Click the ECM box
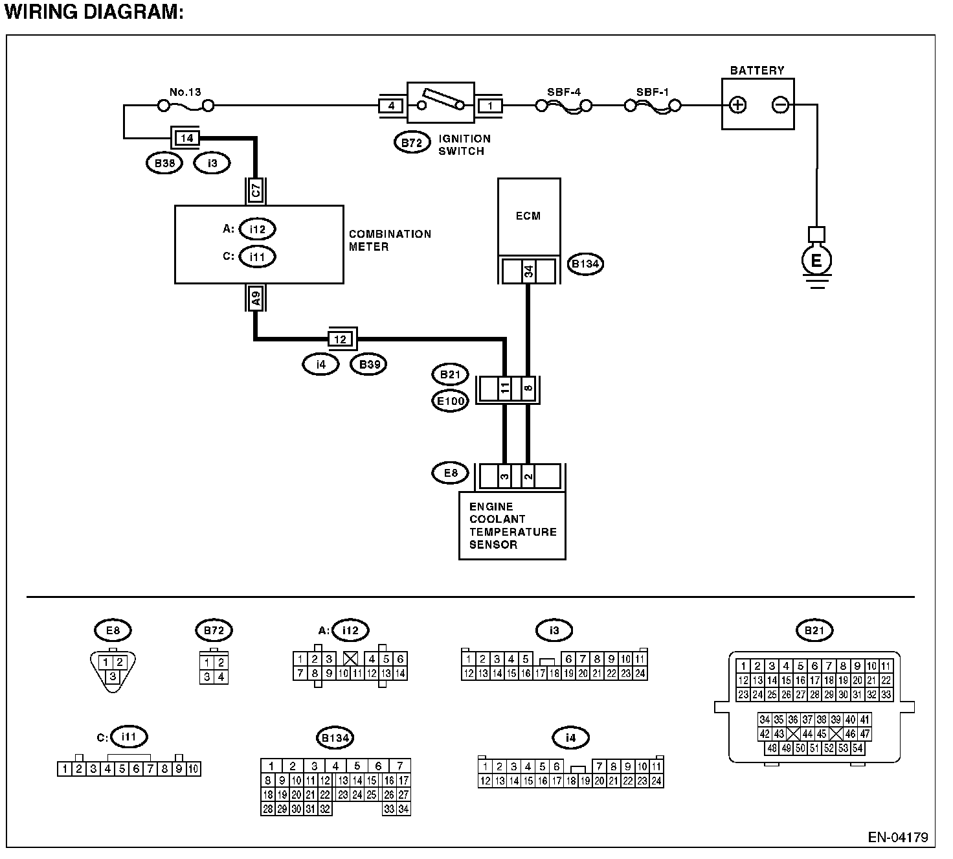529,217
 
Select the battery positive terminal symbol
737,105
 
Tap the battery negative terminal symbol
780,104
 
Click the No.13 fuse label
185,92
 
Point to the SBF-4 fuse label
564,92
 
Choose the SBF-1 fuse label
653,92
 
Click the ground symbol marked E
816,260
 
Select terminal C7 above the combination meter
256,190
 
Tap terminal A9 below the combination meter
256,298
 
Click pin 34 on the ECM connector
528,271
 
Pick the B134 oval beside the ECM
585,264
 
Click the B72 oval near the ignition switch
412,143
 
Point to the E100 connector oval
450,401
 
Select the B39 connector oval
368,365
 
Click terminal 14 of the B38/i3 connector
186,139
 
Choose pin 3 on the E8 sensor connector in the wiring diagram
504,476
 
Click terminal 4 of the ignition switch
391,106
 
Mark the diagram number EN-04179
898,837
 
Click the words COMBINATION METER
390,240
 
